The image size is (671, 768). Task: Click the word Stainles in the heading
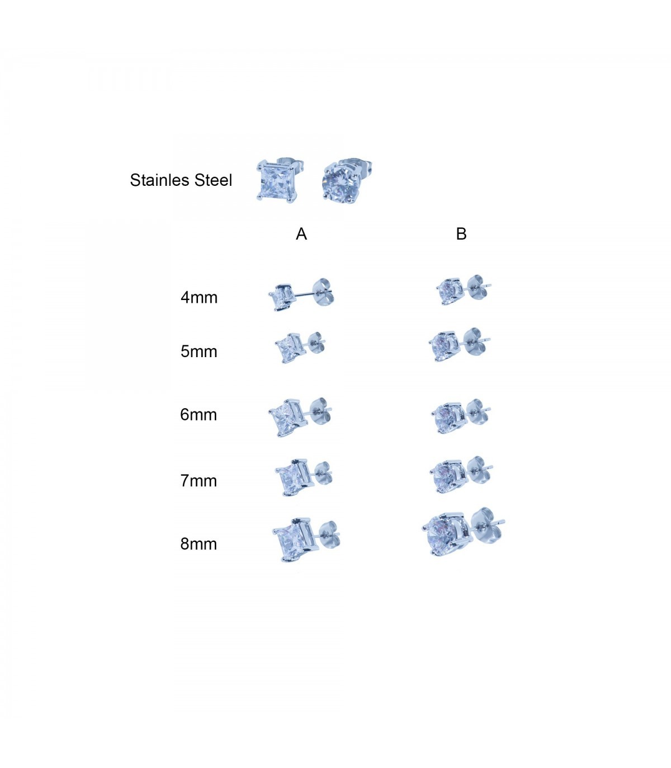click(160, 180)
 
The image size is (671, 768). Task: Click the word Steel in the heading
click(214, 180)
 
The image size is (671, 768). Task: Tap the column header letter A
click(301, 234)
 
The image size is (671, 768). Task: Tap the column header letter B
click(461, 234)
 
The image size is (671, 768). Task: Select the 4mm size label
click(199, 298)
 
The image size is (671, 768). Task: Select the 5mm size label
click(199, 352)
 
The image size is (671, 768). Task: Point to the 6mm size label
click(199, 415)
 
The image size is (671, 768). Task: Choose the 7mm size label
click(199, 481)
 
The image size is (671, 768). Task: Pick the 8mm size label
click(199, 544)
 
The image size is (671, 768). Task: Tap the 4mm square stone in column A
click(281, 297)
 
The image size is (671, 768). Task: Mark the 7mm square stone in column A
click(293, 478)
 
